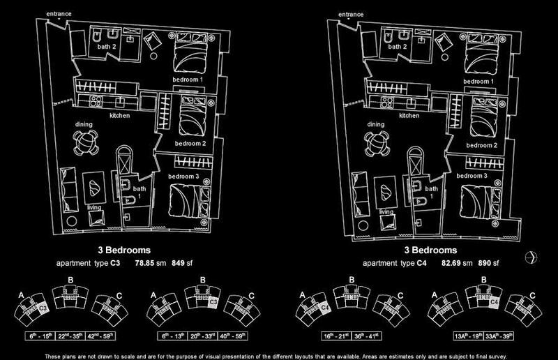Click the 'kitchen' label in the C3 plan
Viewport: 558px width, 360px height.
click(x=119, y=115)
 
